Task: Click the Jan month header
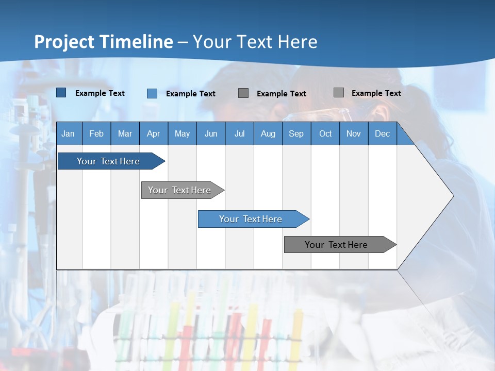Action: coord(68,133)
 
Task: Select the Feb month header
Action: coord(96,133)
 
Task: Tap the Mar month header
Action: coord(125,133)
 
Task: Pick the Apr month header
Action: coord(153,133)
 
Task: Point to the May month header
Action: coord(182,133)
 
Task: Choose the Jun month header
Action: coord(211,133)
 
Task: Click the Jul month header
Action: coord(239,133)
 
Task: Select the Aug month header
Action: coord(268,133)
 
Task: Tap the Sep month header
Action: coord(296,133)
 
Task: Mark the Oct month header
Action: coord(325,133)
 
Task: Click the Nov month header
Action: coord(354,133)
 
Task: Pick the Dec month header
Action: coord(382,133)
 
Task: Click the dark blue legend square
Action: coord(61,93)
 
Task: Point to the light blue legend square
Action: coord(152,93)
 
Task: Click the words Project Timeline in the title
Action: coord(104,42)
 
